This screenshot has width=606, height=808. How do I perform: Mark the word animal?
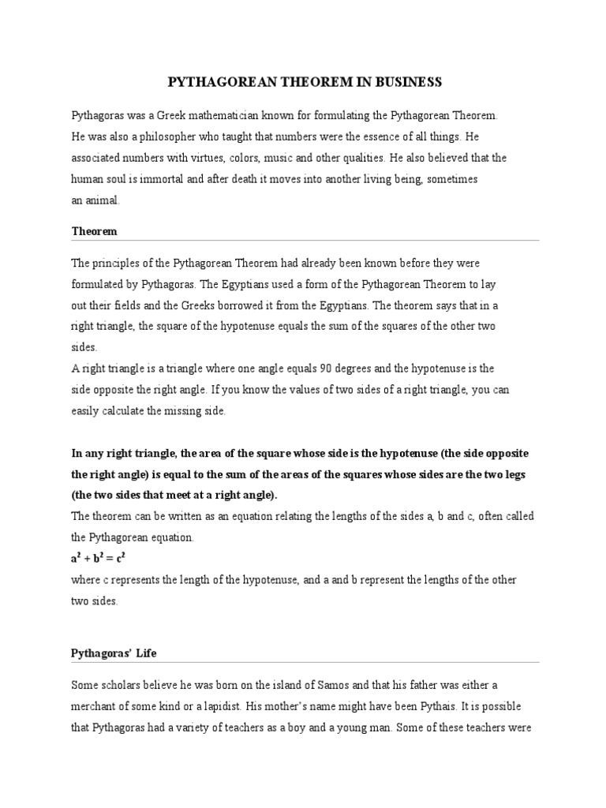point(103,200)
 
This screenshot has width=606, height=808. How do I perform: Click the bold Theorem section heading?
point(94,231)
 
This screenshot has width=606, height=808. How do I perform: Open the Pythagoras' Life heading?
point(120,653)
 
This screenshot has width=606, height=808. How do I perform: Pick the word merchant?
point(95,705)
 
